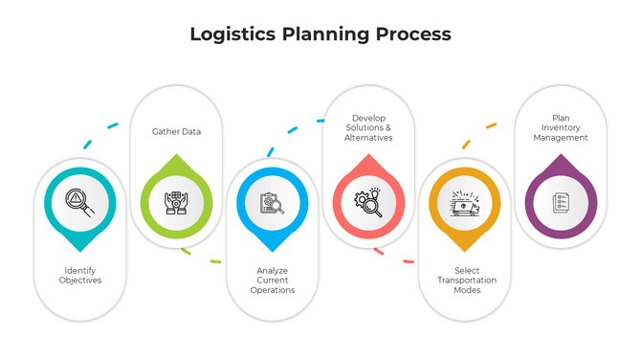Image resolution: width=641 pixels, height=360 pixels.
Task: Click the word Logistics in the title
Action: pos(232,34)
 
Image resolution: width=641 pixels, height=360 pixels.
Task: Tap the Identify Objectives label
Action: pos(80,276)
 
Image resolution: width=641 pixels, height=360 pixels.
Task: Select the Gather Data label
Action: pos(177,132)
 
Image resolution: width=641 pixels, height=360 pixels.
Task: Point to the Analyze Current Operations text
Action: pos(273,281)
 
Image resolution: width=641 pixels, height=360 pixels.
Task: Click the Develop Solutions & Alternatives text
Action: pos(368,127)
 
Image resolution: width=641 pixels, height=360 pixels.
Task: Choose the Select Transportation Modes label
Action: pos(466,281)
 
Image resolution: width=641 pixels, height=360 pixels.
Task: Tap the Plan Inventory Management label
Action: pos(562,127)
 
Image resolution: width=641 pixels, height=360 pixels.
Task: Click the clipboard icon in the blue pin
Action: pos(273,203)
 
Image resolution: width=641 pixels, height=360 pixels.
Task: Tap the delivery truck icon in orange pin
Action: pos(466,203)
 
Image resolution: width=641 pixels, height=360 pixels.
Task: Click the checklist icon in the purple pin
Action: pos(562,203)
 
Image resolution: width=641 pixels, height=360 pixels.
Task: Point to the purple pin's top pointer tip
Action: pos(562,155)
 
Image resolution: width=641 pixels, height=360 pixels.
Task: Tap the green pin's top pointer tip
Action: pos(177,155)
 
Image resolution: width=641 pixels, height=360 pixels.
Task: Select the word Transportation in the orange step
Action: pos(466,281)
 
